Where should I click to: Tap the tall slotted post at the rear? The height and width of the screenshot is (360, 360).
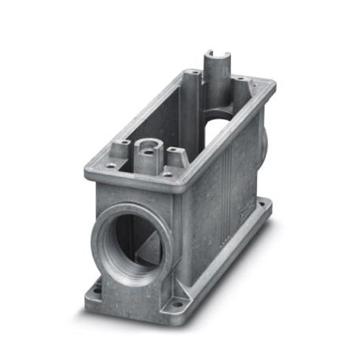pyautogui.click(x=215, y=75)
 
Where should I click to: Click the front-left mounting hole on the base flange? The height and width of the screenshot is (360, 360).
pyautogui.click(x=96, y=288)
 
